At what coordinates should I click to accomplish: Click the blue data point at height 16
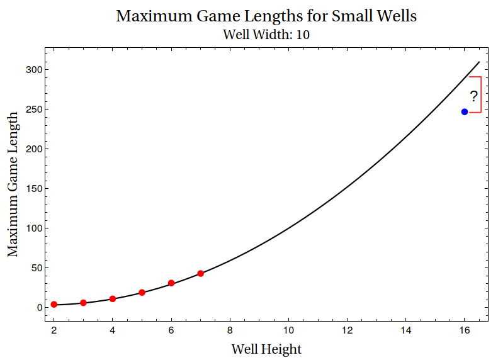(465, 112)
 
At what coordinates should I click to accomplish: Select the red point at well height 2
(54, 305)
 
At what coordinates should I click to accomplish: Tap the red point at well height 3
(83, 303)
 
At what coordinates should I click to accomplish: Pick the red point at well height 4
(113, 299)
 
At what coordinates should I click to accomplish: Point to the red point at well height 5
(142, 293)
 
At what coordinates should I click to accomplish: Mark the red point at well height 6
(171, 283)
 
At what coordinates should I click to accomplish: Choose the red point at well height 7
(201, 273)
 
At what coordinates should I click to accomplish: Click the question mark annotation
(474, 96)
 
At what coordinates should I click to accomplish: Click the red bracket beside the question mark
(481, 94)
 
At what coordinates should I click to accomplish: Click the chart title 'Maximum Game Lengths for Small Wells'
(266, 16)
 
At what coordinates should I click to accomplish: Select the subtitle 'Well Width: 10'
(266, 34)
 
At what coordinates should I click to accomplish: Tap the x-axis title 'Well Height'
(266, 349)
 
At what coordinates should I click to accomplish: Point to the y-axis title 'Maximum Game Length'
(13, 184)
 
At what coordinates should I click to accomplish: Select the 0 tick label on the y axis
(39, 308)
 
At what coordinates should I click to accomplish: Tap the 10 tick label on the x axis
(289, 329)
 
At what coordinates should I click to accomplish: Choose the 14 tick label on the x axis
(406, 329)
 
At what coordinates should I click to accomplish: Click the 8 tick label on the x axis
(230, 329)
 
